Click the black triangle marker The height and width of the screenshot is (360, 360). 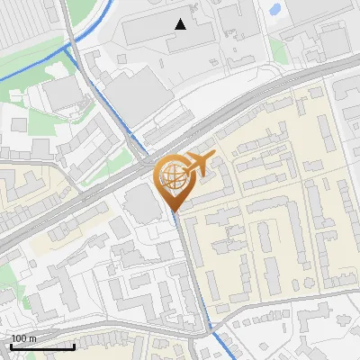click(x=181, y=24)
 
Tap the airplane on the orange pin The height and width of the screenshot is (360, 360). click(x=198, y=164)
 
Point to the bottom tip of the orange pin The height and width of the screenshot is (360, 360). click(x=175, y=212)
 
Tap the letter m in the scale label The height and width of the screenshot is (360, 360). click(x=32, y=338)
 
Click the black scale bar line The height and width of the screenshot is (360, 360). click(x=42, y=346)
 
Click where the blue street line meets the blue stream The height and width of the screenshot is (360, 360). click(x=67, y=49)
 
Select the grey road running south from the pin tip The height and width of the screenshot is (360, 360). click(x=191, y=270)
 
